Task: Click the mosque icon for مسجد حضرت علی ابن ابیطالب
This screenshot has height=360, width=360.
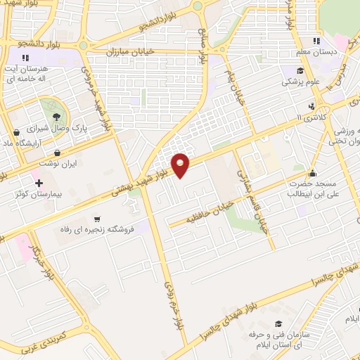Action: click(313, 171)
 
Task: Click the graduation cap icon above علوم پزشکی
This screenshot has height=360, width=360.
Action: click(300, 70)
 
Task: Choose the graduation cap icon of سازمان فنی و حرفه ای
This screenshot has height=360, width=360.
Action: click(278, 323)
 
